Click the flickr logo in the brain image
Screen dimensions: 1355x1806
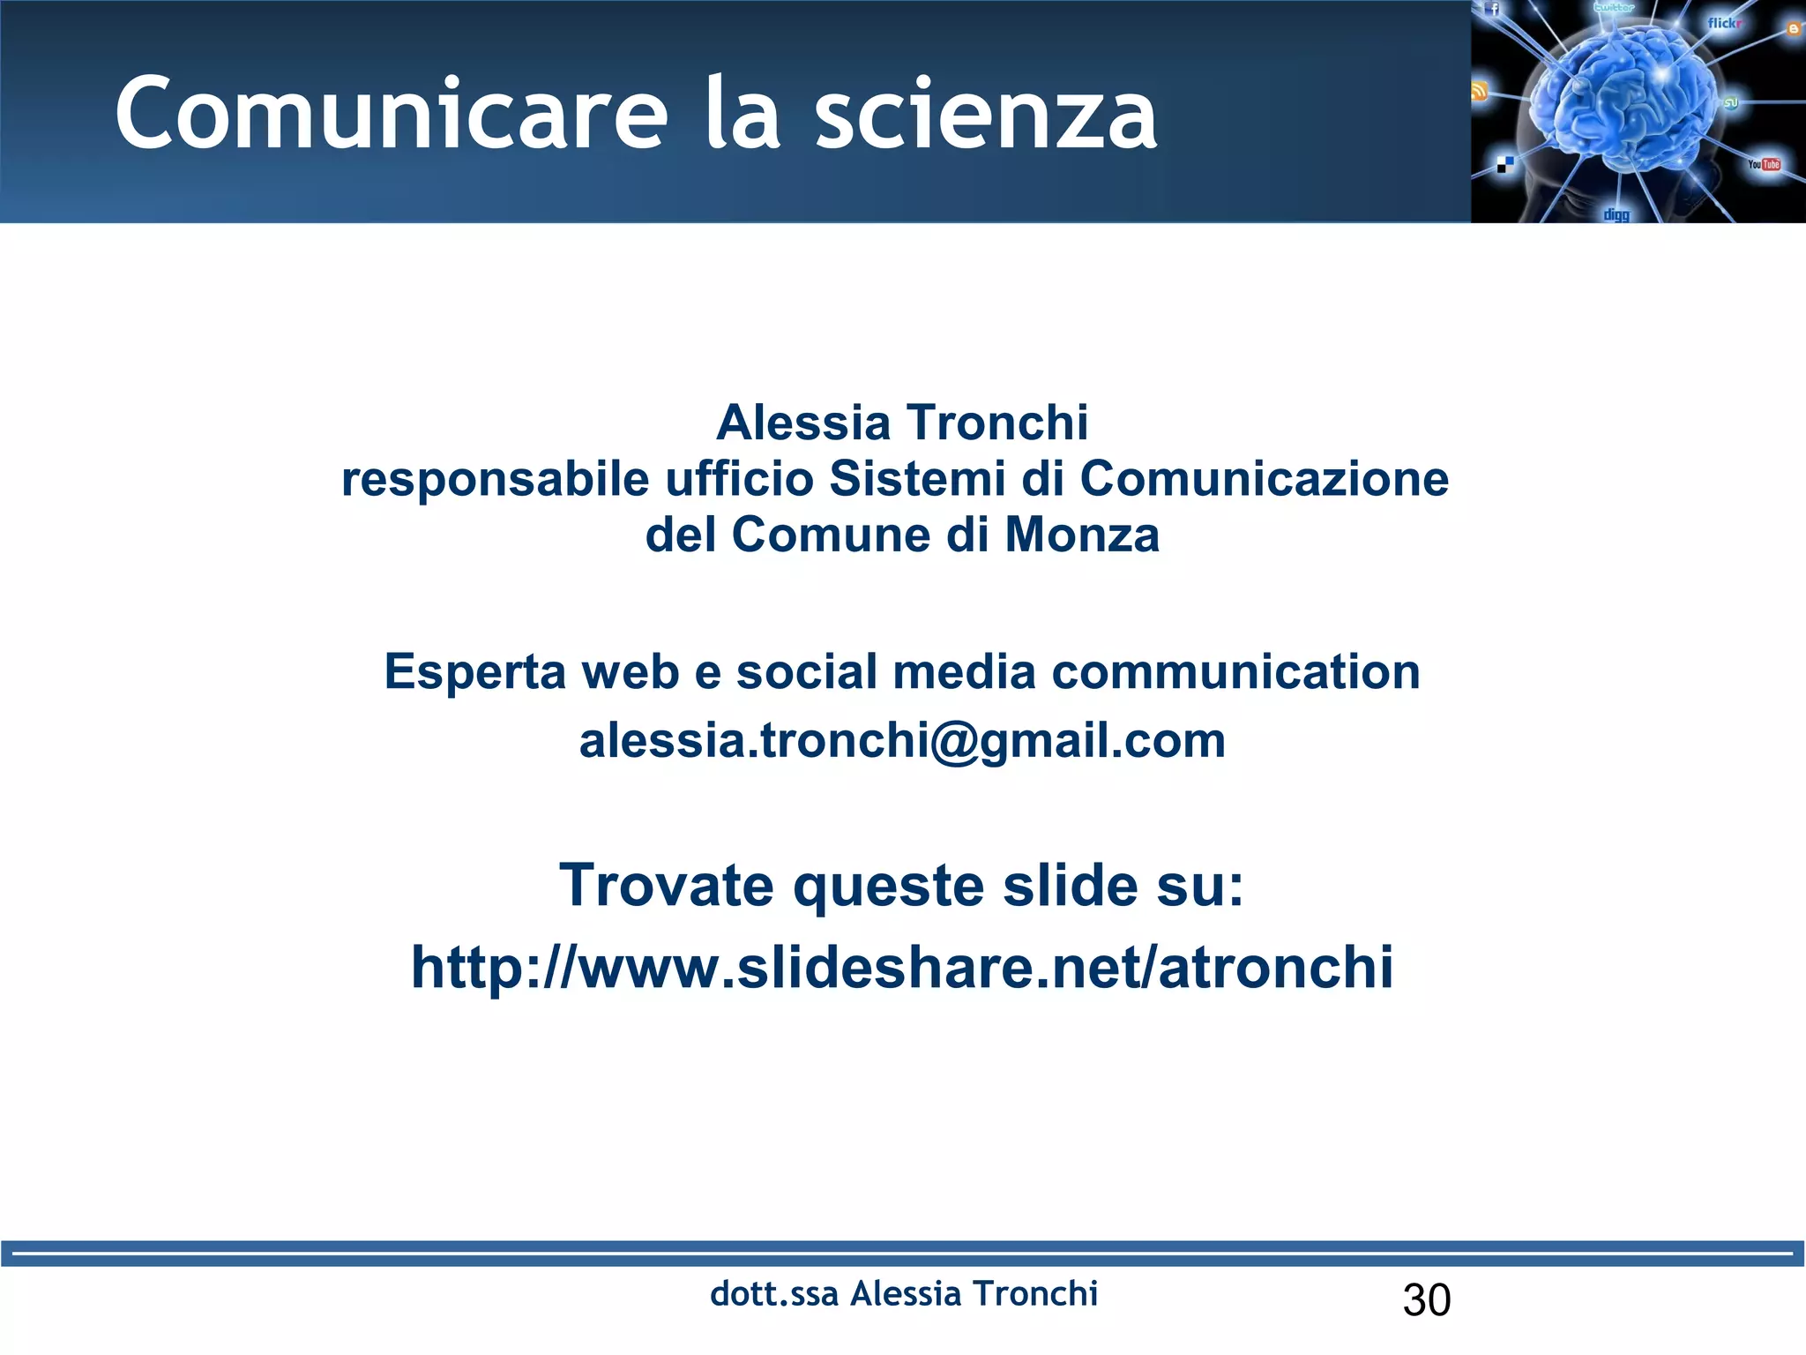click(x=1724, y=23)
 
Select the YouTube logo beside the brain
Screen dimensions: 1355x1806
click(x=1765, y=164)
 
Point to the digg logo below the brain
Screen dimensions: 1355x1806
click(x=1616, y=214)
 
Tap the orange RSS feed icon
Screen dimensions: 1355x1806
click(x=1480, y=90)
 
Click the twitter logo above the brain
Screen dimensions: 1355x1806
click(x=1614, y=7)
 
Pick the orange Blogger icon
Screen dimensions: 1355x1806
click(x=1794, y=29)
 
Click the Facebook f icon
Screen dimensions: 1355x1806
click(x=1493, y=10)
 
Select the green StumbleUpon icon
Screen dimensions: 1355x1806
click(x=1731, y=103)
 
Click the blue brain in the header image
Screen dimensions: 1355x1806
click(x=1623, y=101)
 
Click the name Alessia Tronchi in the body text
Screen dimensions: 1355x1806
click(x=901, y=423)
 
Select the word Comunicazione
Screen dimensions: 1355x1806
click(x=1264, y=479)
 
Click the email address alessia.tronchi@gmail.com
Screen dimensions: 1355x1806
click(x=901, y=740)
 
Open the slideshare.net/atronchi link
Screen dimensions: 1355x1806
click(x=901, y=968)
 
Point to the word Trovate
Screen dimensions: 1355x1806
click(x=666, y=885)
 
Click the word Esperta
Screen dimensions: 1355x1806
click(x=474, y=672)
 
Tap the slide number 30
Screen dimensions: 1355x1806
click(x=1426, y=1299)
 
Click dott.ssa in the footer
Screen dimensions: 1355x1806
click(x=773, y=1294)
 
